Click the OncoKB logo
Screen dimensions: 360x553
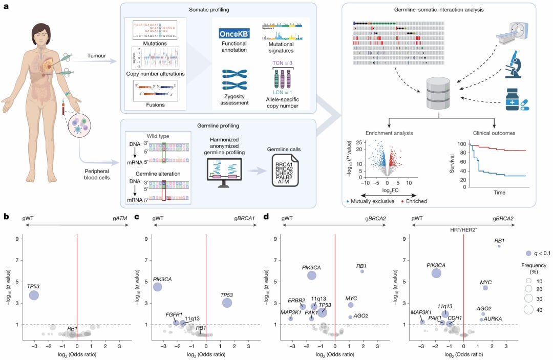point(233,34)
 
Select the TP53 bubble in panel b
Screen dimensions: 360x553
point(34,295)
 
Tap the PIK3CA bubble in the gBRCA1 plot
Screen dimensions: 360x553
point(158,287)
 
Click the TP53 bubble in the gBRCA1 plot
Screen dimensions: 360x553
point(227,303)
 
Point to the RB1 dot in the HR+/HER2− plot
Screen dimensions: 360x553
point(499,246)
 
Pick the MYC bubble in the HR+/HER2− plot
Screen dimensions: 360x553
point(485,288)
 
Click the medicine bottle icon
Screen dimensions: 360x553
point(512,99)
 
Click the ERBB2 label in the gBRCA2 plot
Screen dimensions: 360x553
point(296,300)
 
